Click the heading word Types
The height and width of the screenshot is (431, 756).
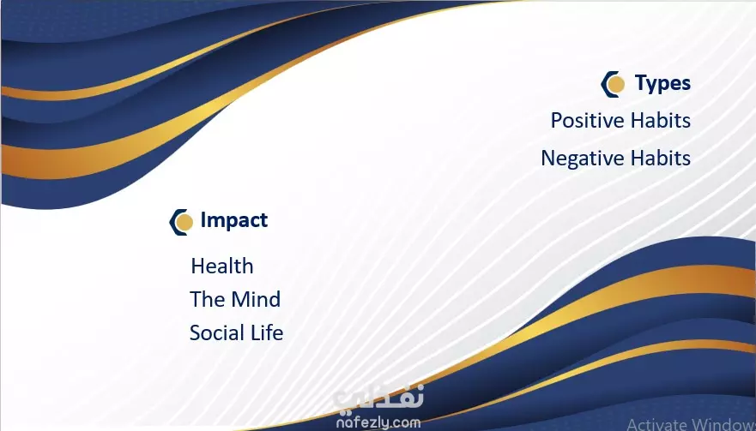point(662,83)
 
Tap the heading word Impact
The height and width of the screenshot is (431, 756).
point(234,220)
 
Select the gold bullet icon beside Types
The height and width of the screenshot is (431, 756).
point(613,84)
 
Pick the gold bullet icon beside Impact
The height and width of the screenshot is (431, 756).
point(181,222)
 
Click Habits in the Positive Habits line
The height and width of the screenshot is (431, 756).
point(661,120)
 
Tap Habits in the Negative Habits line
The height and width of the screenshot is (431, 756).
point(661,158)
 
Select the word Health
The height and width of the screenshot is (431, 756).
point(222,266)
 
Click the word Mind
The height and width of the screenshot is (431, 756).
point(255,300)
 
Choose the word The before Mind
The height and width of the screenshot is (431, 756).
point(207,300)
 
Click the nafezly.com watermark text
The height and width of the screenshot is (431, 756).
point(378,422)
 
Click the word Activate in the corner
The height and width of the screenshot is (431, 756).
point(657,424)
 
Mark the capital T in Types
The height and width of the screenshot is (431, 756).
point(642,82)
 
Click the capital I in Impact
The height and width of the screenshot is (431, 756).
point(203,219)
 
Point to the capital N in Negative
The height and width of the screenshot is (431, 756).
point(547,158)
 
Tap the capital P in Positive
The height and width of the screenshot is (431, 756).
point(556,121)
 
